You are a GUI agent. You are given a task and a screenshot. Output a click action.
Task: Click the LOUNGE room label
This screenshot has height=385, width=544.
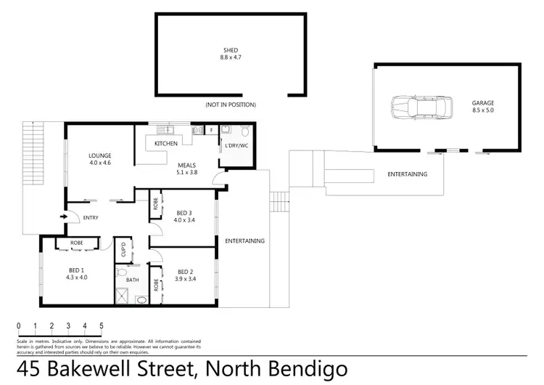[99, 155]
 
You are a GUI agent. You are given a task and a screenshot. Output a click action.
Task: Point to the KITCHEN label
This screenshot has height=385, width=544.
[165, 144]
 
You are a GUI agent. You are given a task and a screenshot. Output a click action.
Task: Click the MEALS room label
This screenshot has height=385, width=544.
[187, 166]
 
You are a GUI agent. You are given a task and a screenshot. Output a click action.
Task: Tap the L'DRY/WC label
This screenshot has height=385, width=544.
[236, 146]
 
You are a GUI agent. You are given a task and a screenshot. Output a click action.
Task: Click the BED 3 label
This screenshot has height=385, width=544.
[184, 213]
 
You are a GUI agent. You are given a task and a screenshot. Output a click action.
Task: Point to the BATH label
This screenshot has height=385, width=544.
[132, 279]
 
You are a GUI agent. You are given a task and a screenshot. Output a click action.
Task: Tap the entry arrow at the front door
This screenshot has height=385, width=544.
[64, 216]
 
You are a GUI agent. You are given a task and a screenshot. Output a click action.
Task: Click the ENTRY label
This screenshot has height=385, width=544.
[91, 218]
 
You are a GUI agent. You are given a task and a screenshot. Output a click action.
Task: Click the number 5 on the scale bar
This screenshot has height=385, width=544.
[102, 325]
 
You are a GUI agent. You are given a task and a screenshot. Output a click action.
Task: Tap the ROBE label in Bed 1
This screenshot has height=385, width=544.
[75, 243]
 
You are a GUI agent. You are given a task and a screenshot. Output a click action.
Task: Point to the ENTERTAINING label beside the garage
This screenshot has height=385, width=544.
[407, 174]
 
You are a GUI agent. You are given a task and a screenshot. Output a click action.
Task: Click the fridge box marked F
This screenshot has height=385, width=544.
[210, 131]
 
